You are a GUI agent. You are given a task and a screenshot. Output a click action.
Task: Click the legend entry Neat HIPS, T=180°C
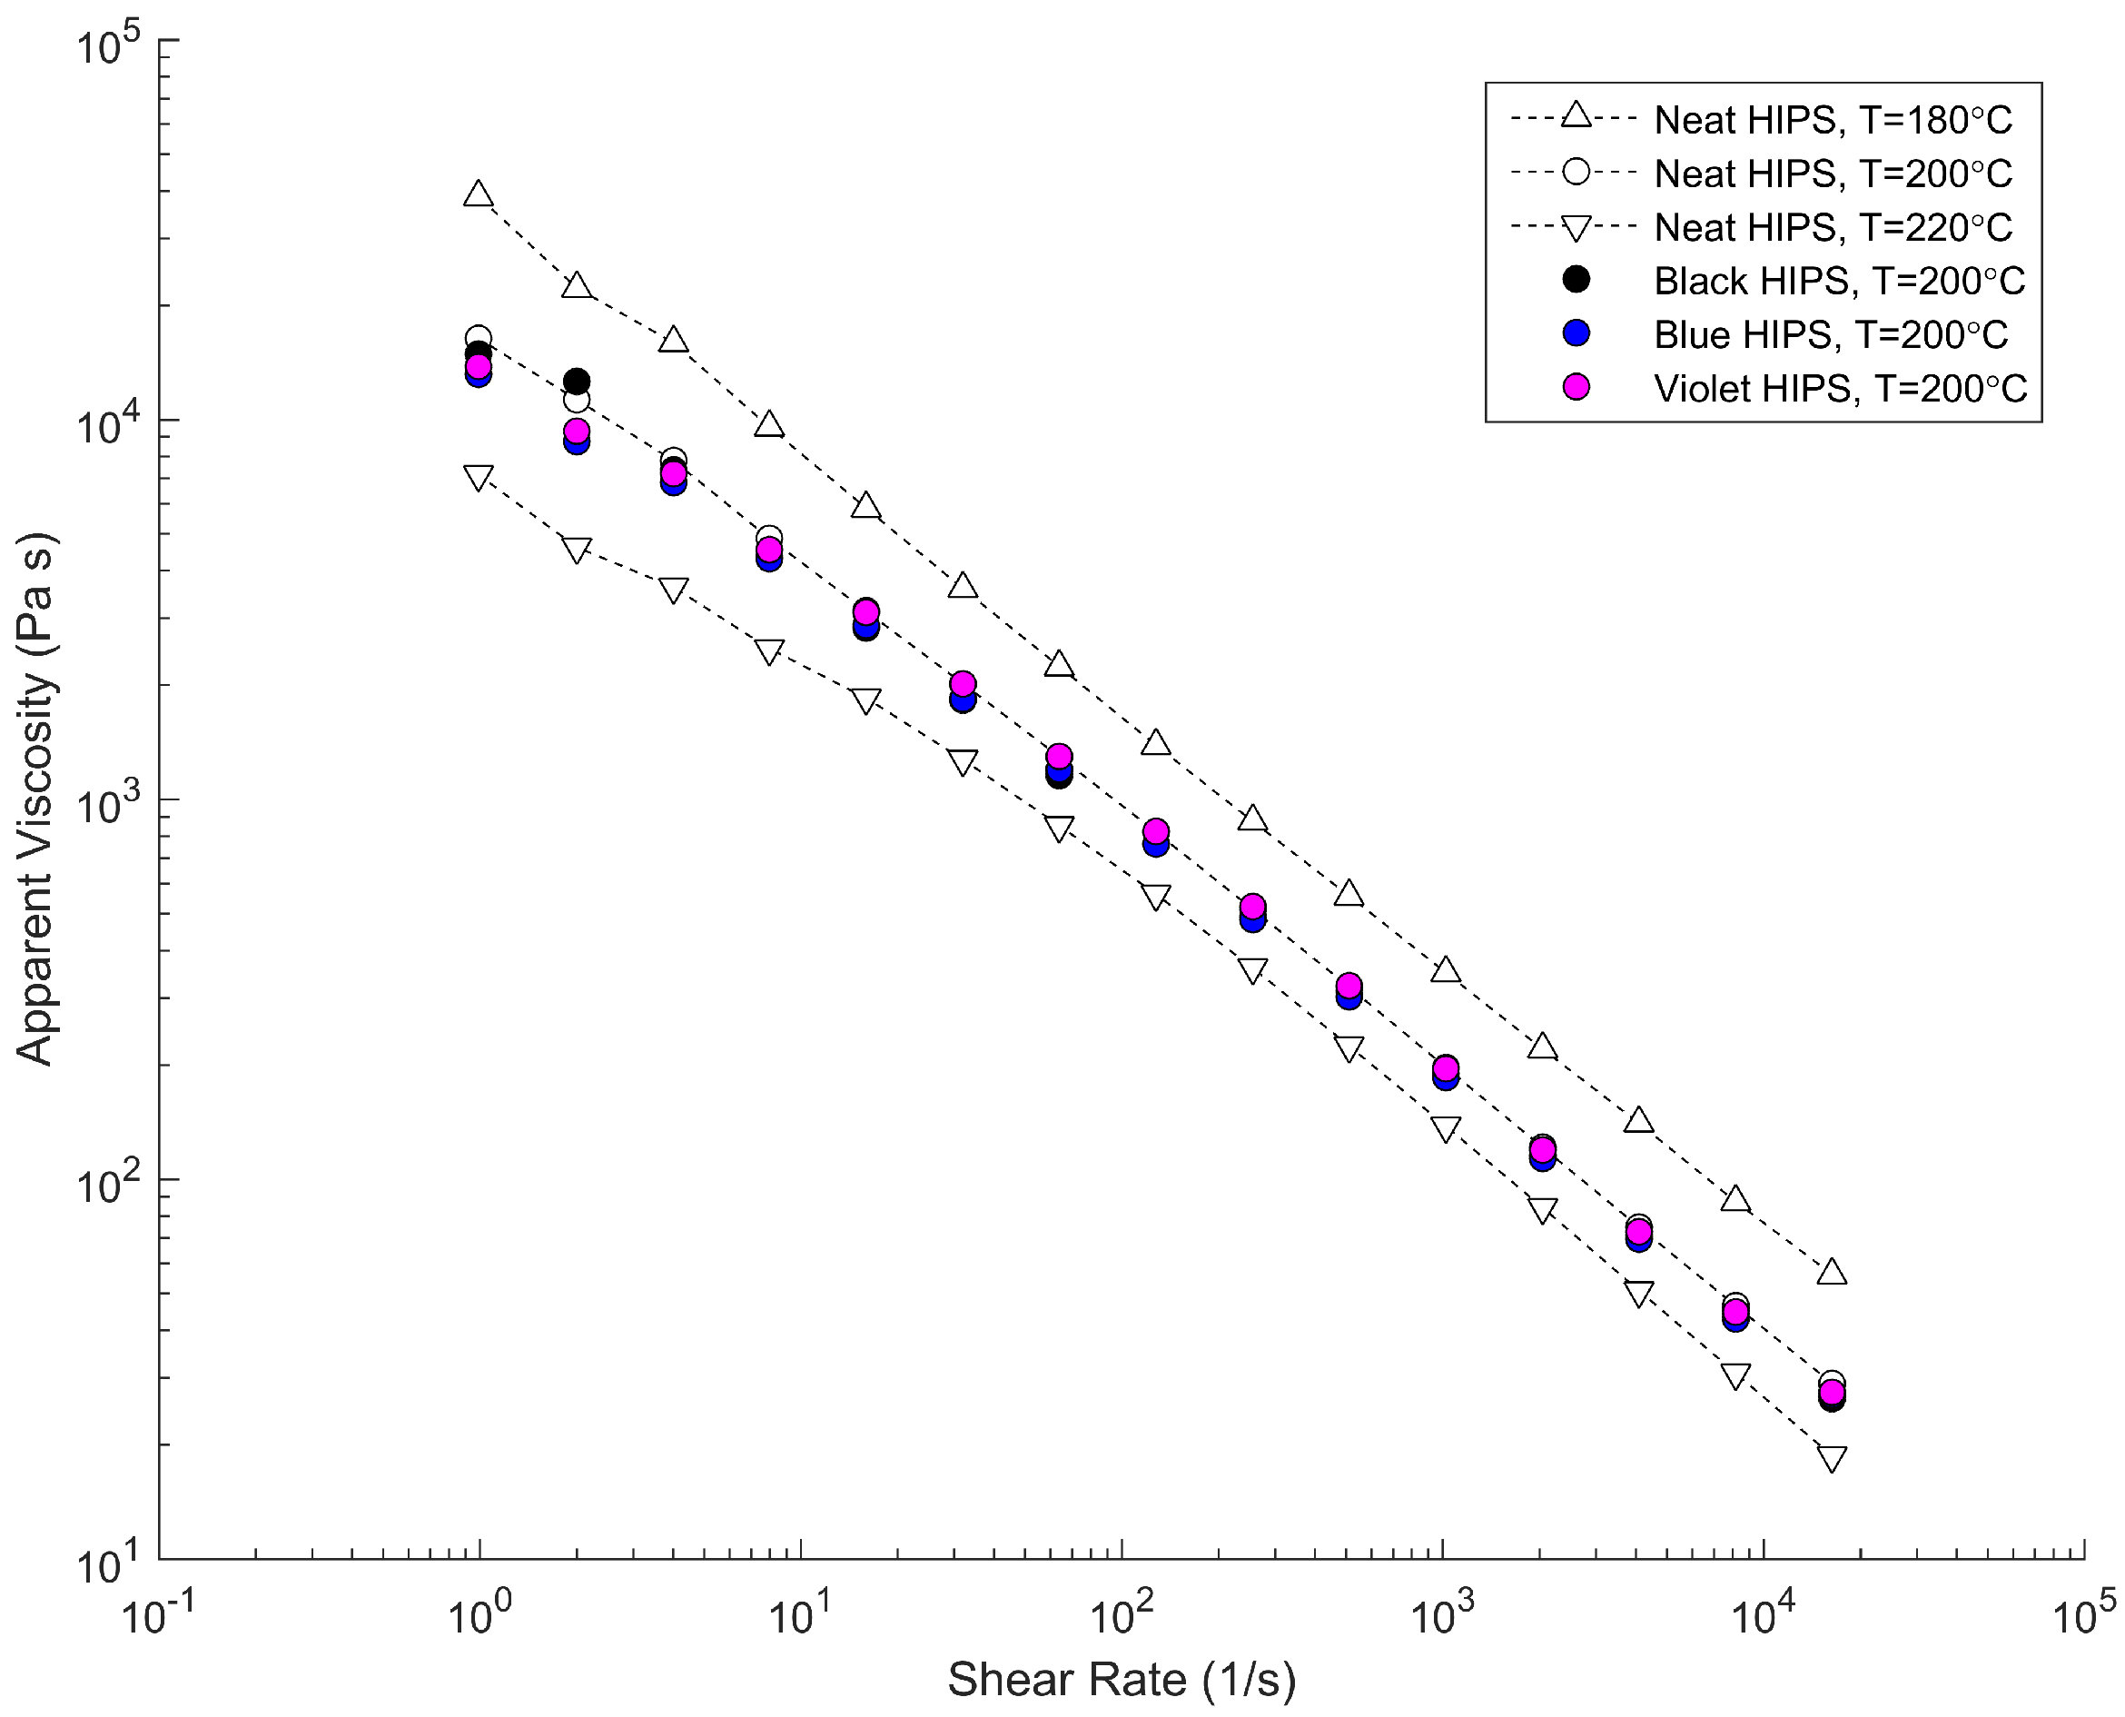click(x=1833, y=120)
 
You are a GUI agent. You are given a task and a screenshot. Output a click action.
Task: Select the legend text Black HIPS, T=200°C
click(x=1838, y=281)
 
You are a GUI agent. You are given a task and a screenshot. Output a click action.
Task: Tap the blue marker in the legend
click(x=1576, y=333)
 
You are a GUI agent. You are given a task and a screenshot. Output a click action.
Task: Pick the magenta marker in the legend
click(x=1576, y=387)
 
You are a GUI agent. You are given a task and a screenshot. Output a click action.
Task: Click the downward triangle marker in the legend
click(x=1576, y=228)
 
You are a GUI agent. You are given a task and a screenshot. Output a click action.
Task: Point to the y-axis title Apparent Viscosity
click(x=35, y=799)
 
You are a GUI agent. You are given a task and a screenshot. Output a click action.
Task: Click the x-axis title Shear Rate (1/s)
click(x=1122, y=1679)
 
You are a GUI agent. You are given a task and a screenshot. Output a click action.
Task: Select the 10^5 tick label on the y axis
click(x=109, y=46)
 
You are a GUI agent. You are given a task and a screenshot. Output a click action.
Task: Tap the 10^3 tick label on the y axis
click(x=109, y=806)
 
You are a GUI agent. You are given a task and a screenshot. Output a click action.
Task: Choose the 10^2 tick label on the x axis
click(x=1122, y=1617)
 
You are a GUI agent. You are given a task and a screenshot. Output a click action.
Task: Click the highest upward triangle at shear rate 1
click(x=479, y=194)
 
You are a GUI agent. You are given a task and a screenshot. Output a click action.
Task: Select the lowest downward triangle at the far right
click(x=1832, y=1459)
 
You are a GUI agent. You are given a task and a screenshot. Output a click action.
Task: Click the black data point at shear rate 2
click(x=577, y=381)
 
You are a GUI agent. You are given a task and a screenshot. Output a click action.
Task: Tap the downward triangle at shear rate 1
click(x=479, y=478)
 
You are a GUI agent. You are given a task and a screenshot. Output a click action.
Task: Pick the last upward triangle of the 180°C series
click(x=1832, y=1272)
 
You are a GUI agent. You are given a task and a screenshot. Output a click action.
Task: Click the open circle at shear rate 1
click(x=479, y=337)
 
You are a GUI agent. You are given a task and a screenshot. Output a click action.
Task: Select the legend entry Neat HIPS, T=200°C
click(x=1833, y=174)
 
